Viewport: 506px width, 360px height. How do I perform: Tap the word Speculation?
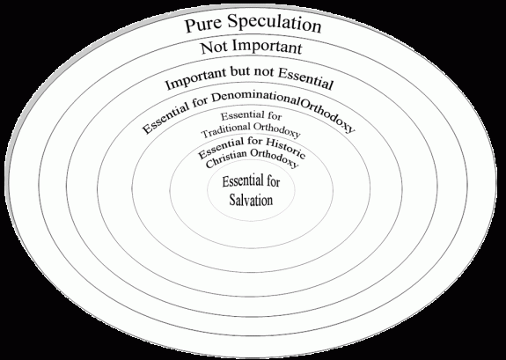[x=275, y=23]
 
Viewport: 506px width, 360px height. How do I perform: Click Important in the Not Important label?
[x=268, y=47]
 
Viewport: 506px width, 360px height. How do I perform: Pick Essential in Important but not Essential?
[x=305, y=79]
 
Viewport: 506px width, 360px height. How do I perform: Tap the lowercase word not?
[x=265, y=71]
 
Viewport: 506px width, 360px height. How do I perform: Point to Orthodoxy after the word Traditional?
[x=277, y=129]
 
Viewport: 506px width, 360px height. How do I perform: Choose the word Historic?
[x=286, y=147]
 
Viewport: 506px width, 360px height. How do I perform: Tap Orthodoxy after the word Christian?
[x=275, y=158]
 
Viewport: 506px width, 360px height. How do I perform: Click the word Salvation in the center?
[x=251, y=200]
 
